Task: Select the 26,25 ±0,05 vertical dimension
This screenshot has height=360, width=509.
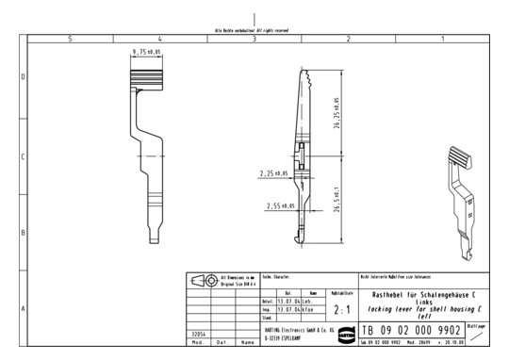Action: [x=337, y=112]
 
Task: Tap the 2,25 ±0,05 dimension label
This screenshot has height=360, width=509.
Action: [x=275, y=174]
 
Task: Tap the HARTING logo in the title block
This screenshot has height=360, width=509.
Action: [x=346, y=334]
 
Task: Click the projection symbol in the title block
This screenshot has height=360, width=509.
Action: [x=205, y=281]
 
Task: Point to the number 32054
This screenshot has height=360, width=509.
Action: [x=197, y=333]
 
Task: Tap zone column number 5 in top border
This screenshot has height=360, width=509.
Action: [x=70, y=39]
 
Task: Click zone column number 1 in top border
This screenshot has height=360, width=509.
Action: [x=442, y=39]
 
